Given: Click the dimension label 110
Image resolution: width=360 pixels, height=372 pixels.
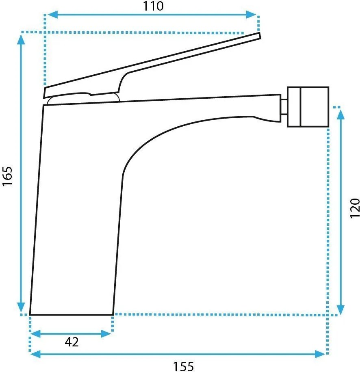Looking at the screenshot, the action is [153, 6].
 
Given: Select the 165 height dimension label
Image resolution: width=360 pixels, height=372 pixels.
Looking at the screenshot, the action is [7, 176].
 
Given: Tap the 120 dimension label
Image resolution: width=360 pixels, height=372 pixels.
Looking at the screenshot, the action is [355, 208].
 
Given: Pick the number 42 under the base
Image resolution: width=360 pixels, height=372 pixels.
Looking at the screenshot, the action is [72, 342].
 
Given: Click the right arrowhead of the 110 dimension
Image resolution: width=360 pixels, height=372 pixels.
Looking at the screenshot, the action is [252, 15].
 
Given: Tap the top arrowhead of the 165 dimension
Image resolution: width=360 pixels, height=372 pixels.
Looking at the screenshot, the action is [22, 39].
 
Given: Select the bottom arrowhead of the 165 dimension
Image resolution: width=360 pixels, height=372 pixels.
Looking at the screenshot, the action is [22, 308].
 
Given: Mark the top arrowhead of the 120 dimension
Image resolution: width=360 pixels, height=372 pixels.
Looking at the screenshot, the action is [340, 115].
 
